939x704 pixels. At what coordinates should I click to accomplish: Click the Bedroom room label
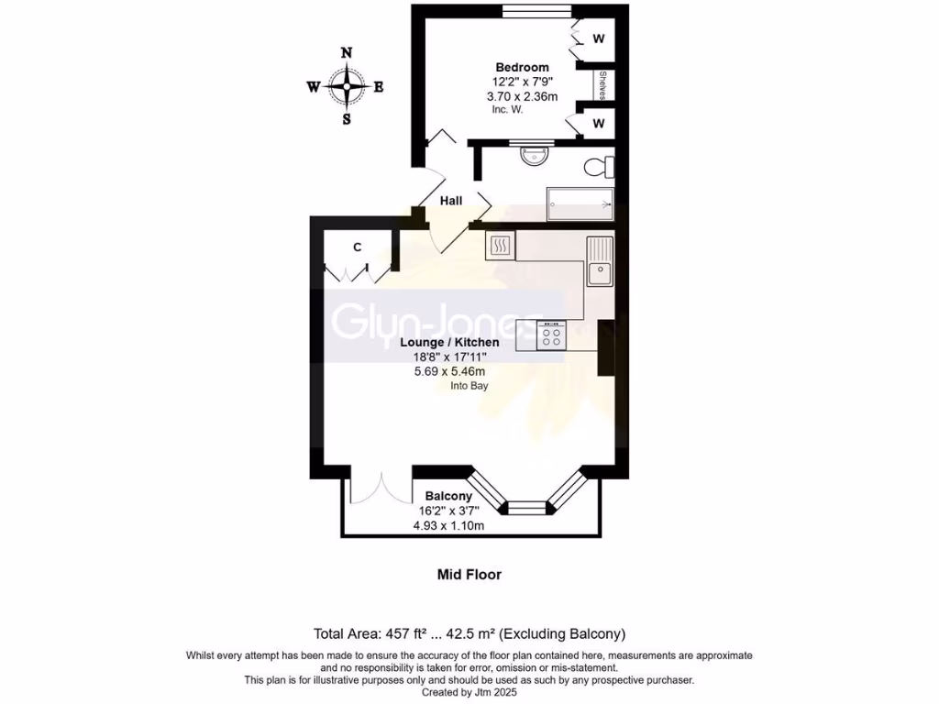coord(522,67)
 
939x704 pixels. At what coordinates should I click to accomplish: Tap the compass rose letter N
coord(347,53)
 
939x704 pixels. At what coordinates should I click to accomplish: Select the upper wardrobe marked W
coord(598,38)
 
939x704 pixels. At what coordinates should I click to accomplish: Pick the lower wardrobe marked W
coord(598,123)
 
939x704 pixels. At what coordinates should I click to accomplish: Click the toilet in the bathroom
coord(599,167)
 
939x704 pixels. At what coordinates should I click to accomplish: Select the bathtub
coord(580,203)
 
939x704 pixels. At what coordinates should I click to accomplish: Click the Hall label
coord(451,201)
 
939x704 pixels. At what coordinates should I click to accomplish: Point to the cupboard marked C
coord(358,247)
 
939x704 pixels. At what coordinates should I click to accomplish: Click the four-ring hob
coord(552,335)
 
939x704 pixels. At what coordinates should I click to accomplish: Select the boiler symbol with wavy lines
coord(501,245)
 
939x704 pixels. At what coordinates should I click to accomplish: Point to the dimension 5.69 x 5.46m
coord(449,371)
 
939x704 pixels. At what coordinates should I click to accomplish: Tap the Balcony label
coord(449,496)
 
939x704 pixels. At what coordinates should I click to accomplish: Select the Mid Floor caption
coord(469,575)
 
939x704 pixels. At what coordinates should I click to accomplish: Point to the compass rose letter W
coord(314,88)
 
